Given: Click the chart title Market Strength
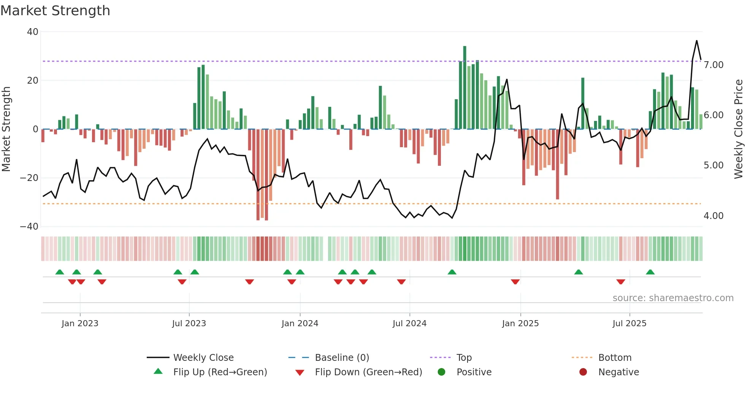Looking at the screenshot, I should coord(55,11).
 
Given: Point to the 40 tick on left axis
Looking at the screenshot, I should coord(33,32).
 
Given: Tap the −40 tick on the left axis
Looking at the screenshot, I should coord(29,227).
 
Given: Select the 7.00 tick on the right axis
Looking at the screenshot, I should coord(713,65).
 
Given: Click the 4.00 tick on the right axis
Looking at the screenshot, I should coord(713,216).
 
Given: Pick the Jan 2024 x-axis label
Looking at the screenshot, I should coord(300,324).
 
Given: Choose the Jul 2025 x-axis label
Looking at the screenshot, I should coord(629,324).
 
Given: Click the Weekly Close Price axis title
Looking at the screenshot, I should coord(738,129).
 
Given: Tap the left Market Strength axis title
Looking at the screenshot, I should coord(6,129).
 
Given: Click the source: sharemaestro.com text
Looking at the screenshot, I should coord(673,298).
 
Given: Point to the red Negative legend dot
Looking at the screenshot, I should coord(583,372).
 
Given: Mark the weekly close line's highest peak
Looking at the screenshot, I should coord(696,41).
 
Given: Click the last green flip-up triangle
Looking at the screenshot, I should coord(650,272).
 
